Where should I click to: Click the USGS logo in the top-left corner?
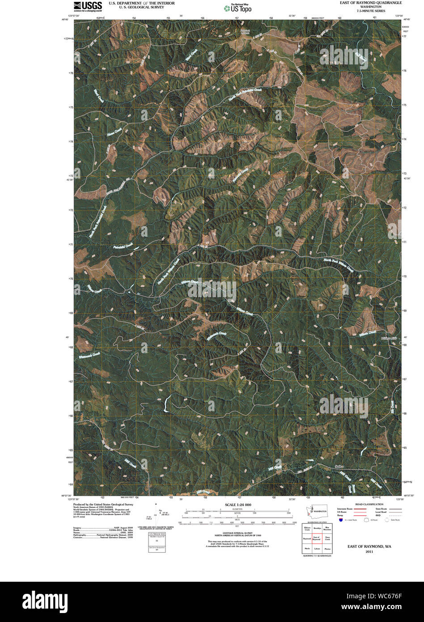[88, 6]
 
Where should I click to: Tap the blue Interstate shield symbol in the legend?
[341, 520]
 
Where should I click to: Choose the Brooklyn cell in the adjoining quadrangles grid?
[317, 529]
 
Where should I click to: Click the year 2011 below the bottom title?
[369, 552]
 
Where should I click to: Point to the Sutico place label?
[339, 467]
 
